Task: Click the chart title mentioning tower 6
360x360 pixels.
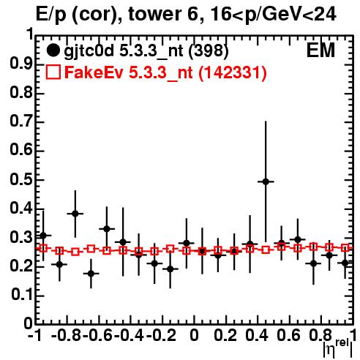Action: (186, 15)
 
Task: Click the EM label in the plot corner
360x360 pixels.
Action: (320, 50)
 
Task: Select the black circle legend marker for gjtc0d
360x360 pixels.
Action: (53, 50)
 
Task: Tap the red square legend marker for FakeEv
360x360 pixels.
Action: (53, 72)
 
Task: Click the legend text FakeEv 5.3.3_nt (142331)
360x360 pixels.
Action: (166, 72)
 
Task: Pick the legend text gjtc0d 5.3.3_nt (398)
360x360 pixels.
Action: (146, 51)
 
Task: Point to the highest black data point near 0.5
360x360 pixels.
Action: (266, 181)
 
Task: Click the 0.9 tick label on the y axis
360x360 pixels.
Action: (21, 64)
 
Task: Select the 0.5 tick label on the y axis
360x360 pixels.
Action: (21, 179)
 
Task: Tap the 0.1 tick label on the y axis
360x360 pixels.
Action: (22, 295)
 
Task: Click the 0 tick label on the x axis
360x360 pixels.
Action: (194, 335)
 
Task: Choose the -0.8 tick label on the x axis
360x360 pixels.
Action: (67, 335)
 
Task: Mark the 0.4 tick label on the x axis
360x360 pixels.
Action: (257, 335)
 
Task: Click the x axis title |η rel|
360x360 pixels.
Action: (338, 348)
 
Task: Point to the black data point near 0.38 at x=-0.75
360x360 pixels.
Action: (75, 214)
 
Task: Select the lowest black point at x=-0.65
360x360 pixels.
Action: (91, 274)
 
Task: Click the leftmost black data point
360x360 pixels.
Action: (43, 236)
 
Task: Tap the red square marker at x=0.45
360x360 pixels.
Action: (266, 250)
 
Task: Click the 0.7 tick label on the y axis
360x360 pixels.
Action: (21, 121)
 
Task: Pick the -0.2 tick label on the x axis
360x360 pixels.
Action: (161, 335)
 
